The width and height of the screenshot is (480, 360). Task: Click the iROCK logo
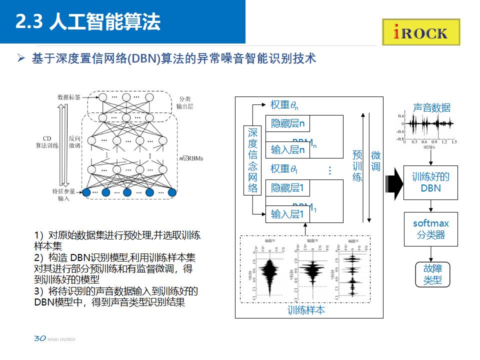pos(421,32)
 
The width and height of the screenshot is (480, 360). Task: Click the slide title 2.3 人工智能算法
pos(88,22)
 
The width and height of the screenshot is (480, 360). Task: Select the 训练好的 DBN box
pos(430,182)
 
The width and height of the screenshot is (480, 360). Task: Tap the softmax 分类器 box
pos(430,228)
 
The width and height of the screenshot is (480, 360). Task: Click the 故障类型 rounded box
pos(432,274)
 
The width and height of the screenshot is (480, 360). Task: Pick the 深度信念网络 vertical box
pos(253,160)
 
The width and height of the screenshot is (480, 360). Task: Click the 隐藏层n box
pos(287,123)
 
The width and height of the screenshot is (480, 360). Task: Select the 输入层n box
pos(287,149)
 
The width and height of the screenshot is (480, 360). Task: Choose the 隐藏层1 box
pos(287,188)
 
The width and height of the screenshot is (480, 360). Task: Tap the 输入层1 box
pos(287,214)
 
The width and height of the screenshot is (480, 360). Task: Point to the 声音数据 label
pos(431,107)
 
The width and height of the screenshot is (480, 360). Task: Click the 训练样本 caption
pos(306,310)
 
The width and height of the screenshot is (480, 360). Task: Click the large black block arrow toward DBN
pos(395,182)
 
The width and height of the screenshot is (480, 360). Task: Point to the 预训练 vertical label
pos(357,165)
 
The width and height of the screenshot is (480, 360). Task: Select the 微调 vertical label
pos(375,161)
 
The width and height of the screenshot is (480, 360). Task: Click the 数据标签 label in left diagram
pos(69,97)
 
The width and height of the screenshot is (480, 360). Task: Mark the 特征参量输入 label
pos(64,194)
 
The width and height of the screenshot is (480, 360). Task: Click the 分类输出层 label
pos(184,103)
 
